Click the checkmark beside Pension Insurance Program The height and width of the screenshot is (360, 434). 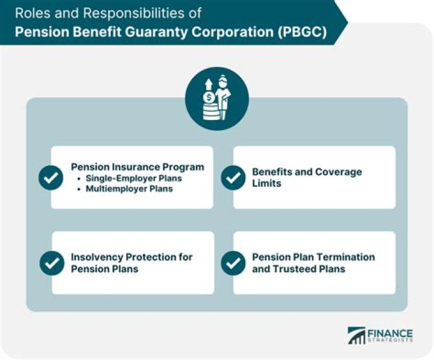(x=51, y=178)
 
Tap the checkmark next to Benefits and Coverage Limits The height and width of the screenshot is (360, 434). (x=233, y=178)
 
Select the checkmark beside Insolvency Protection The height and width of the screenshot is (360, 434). (x=52, y=263)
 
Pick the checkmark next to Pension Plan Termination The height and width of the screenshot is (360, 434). (x=233, y=263)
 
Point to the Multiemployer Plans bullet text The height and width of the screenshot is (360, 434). (x=129, y=189)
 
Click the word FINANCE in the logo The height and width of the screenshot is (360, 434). (x=391, y=333)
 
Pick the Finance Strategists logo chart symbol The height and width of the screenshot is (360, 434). (x=357, y=336)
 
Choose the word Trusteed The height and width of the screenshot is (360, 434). (x=295, y=268)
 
